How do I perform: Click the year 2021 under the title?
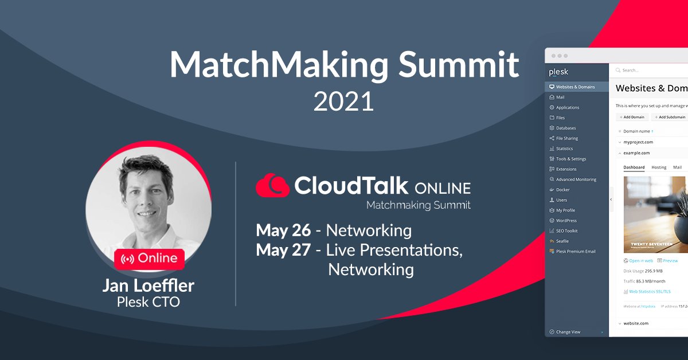pos(343,101)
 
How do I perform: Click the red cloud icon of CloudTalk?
pos(272,186)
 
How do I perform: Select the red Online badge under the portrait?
pos(149,259)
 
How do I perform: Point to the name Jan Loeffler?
pos(148,285)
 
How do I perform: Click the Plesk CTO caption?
pos(148,302)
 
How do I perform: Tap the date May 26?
pos(283,230)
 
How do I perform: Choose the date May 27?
pos(283,250)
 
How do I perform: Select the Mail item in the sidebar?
pos(560,97)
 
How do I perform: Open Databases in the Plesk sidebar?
pos(565,128)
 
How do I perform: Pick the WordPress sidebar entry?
pos(566,221)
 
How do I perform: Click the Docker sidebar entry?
pos(562,190)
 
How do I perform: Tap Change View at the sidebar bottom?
pos(568,332)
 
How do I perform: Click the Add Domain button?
pos(632,117)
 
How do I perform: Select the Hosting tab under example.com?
pos(659,167)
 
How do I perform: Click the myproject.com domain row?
pos(638,142)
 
